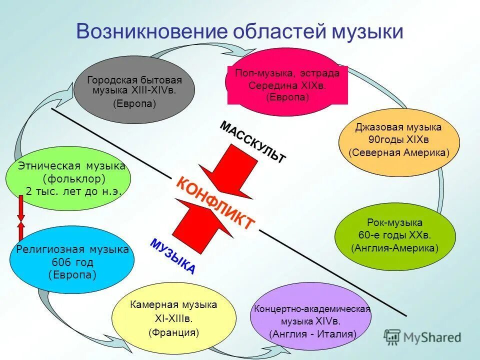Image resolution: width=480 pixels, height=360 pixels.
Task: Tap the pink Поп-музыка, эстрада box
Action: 287,85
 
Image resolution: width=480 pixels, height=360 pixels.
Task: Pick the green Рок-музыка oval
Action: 395,234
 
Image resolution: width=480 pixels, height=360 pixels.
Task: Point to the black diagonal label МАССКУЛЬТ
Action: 253,141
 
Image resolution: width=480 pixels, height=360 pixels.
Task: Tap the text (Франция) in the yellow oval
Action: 173,331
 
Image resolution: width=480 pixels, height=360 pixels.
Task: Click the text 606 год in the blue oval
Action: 72,262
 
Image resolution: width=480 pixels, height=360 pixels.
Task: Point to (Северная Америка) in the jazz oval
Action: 398,152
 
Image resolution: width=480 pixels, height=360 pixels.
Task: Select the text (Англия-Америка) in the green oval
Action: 394,247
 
